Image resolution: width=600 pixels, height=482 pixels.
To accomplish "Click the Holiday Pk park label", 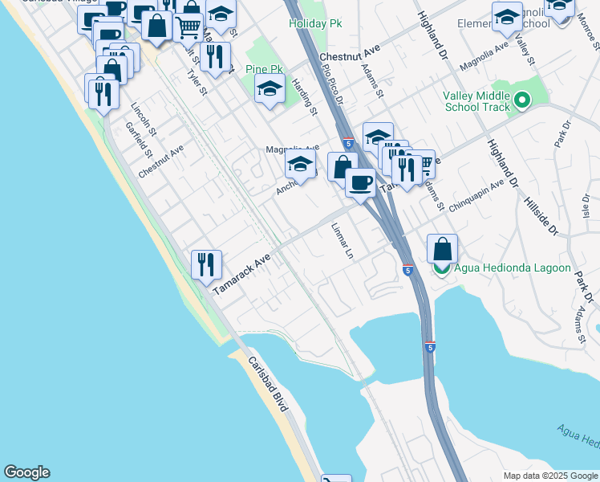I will tap(316, 24).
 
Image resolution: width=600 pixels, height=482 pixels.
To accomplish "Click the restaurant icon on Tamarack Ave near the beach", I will tap(206, 264).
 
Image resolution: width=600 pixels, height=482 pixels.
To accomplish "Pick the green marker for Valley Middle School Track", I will tap(522, 101).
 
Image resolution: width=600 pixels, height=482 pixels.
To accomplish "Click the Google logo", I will tap(26, 472).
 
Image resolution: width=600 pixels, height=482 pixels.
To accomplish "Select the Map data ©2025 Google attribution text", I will tap(550, 476).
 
